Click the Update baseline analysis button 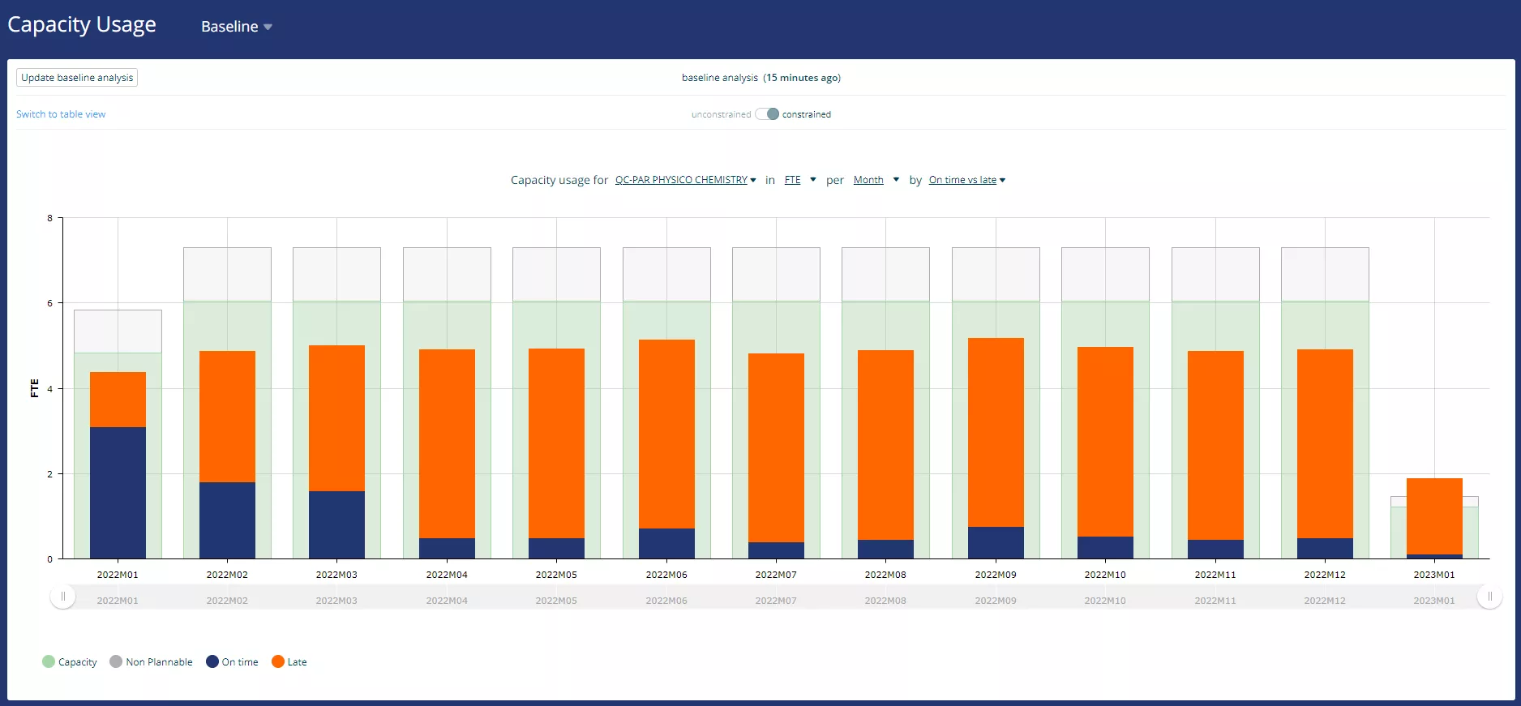pos(77,78)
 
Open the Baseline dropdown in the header pos(236,27)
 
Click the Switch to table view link pos(61,114)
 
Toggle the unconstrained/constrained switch pos(767,114)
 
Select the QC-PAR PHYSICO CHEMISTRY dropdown pos(685,180)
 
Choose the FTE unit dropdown pos(799,180)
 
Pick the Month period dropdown pos(876,180)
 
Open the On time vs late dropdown pos(966,180)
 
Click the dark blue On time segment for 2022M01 pos(118,493)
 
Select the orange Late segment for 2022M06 pos(666,434)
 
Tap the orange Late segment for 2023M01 pos(1434,516)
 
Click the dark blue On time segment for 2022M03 pos(336,524)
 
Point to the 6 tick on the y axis pos(50,303)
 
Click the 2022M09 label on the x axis pos(996,575)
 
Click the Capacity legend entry pos(70,662)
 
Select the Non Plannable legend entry pos(152,662)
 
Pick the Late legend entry pos(289,662)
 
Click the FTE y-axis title pos(34,387)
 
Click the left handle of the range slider pos(63,597)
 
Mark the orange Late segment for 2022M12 pos(1325,443)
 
